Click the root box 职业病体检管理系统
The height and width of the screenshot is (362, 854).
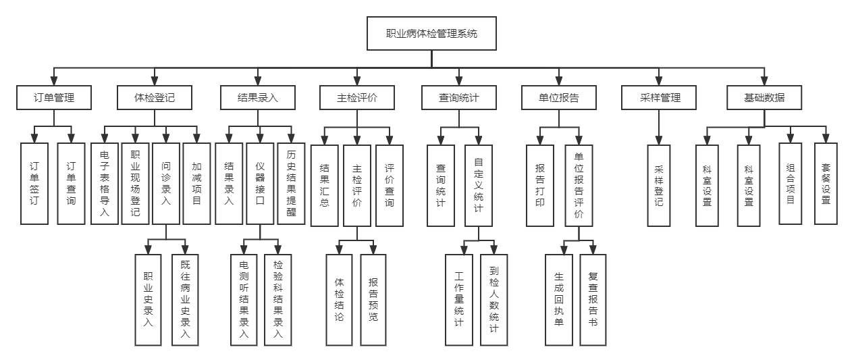[431, 33]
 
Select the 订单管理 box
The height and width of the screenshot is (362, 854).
[54, 97]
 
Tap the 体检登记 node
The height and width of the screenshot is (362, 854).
[155, 97]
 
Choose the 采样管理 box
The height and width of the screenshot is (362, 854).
[660, 97]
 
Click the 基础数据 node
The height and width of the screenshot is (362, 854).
[765, 97]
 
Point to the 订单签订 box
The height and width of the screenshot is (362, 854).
[34, 183]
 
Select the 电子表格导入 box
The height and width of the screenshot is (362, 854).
[105, 183]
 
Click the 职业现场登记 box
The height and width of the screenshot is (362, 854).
[135, 183]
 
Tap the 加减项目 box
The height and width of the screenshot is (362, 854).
[196, 183]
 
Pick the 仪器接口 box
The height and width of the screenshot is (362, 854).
[260, 183]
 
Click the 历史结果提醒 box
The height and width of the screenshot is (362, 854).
[291, 183]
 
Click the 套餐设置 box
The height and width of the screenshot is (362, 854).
[826, 183]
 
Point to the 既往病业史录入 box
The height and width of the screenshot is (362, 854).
[186, 300]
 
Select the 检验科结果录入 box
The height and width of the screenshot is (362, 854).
[278, 300]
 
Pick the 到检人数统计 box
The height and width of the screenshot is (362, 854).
[493, 300]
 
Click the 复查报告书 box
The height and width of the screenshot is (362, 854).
[593, 300]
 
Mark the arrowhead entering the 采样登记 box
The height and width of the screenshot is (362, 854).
[660, 140]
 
